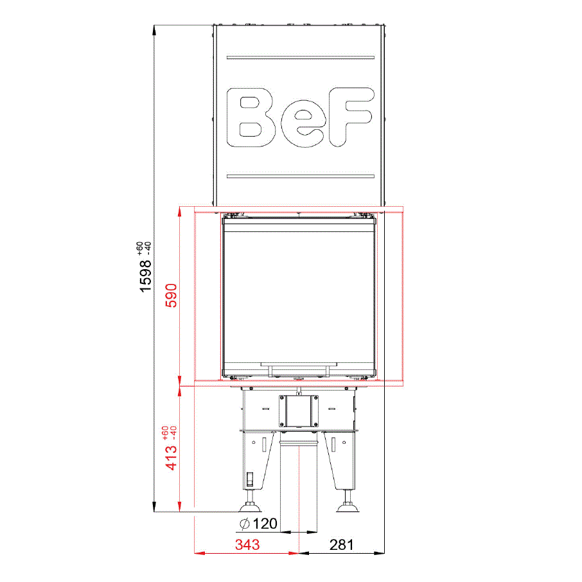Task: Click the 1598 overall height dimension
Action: click(145, 276)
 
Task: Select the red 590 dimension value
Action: click(171, 295)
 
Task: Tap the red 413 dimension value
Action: click(171, 457)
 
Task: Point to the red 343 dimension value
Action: click(247, 545)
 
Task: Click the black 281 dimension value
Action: click(342, 545)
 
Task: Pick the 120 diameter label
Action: click(265, 524)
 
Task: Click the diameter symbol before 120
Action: click(244, 524)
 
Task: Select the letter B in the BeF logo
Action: click(251, 118)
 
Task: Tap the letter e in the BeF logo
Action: click(303, 123)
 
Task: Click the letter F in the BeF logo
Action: click(351, 116)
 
